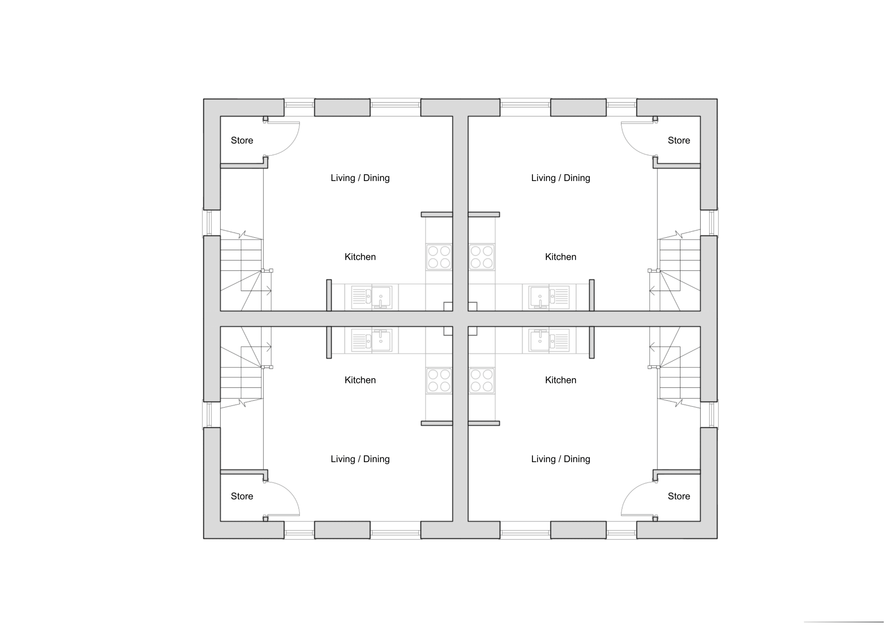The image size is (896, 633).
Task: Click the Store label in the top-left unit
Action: (x=242, y=140)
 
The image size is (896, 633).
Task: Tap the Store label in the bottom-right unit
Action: (x=679, y=496)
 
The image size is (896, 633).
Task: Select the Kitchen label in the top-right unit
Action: (x=560, y=257)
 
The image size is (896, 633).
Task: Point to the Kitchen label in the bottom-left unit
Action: (x=360, y=380)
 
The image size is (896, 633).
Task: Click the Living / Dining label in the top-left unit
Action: (x=360, y=178)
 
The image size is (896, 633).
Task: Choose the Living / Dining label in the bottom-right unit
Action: (x=560, y=459)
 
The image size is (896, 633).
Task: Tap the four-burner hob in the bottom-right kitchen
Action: (x=482, y=381)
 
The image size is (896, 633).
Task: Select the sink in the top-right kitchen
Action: (x=549, y=297)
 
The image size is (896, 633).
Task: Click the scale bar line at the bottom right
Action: (x=844, y=622)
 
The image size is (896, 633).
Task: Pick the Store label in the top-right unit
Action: (x=679, y=140)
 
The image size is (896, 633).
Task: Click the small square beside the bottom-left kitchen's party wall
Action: (x=448, y=331)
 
